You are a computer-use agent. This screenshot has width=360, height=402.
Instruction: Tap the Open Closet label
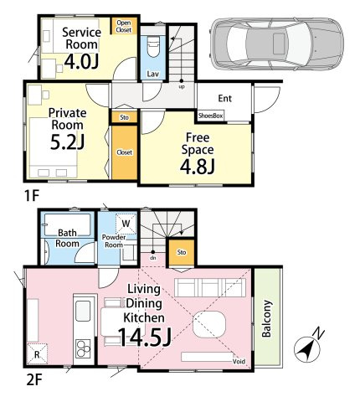[124, 26]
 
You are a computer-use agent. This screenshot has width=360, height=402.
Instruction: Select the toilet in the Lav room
[153, 48]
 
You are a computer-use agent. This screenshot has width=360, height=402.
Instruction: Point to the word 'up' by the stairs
[182, 87]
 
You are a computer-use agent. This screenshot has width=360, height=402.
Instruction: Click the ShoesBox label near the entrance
[210, 116]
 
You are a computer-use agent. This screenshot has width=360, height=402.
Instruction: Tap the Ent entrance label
[224, 98]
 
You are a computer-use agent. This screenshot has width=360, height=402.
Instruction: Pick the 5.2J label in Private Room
[67, 142]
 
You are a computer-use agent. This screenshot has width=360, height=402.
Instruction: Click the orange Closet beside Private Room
[125, 152]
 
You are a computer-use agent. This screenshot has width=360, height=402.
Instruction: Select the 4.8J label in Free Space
[198, 167]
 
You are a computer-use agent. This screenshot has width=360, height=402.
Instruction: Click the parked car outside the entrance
[277, 44]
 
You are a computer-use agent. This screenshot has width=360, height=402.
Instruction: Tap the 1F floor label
[31, 196]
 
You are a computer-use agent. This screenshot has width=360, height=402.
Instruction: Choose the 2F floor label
[34, 380]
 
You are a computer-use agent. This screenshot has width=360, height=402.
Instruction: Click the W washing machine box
[126, 224]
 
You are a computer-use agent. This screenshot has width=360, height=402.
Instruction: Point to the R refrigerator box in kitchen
[37, 354]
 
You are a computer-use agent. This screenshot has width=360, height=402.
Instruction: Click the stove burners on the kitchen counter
[83, 348]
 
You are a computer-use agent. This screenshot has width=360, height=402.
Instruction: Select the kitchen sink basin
[83, 312]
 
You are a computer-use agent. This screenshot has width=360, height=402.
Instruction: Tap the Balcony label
[266, 318]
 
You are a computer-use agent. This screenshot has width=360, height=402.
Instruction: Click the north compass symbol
[307, 348]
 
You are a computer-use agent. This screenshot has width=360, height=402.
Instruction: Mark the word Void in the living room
[239, 362]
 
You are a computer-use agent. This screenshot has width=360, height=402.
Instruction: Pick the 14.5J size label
[144, 337]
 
